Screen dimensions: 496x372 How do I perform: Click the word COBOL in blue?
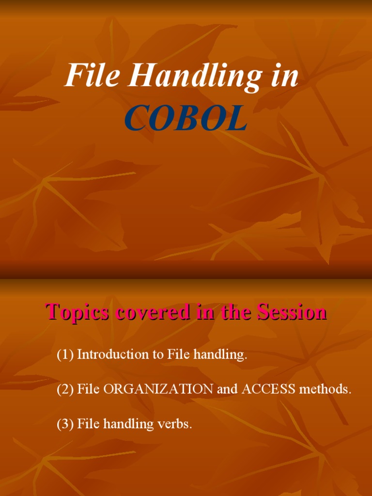click(186, 119)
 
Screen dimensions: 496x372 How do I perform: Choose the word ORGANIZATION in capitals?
click(158, 389)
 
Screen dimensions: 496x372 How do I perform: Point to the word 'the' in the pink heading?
click(237, 312)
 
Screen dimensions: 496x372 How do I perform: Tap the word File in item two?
click(89, 389)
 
